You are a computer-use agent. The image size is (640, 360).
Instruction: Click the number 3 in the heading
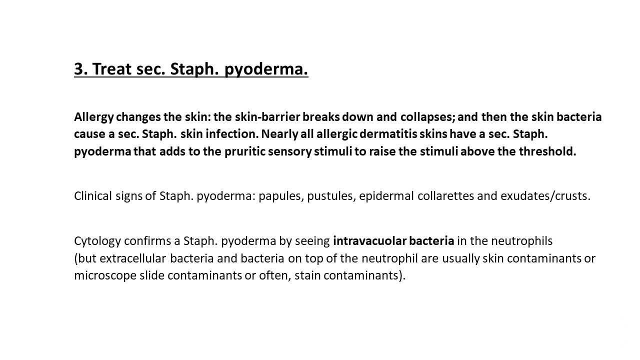coord(79,69)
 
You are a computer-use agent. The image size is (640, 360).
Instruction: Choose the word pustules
coord(330,196)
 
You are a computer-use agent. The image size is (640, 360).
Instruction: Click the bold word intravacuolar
coord(369,241)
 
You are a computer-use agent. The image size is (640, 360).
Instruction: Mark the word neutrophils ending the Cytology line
coord(521,241)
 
